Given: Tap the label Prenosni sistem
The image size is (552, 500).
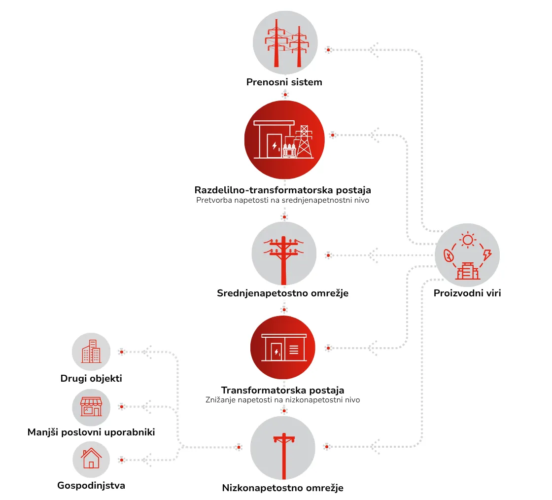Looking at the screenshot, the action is pyautogui.click(x=284, y=82).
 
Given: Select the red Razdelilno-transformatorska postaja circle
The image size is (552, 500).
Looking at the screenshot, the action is pyautogui.click(x=284, y=140).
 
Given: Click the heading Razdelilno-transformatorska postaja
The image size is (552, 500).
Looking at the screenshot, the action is pyautogui.click(x=283, y=190).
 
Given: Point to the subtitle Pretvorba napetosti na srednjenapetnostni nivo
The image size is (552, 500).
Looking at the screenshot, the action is pyautogui.click(x=283, y=200).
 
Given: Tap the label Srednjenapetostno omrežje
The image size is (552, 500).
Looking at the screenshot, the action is pyautogui.click(x=283, y=293).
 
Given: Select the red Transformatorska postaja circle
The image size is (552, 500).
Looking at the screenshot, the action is pyautogui.click(x=283, y=348).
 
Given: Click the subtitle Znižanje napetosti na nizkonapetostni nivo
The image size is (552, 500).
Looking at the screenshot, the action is pyautogui.click(x=283, y=400).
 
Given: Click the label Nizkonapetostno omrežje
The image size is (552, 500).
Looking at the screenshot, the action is pyautogui.click(x=283, y=488).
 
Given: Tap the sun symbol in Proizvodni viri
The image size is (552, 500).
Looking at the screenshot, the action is pyautogui.click(x=468, y=240).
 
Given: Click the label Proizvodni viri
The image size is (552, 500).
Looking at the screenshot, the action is pyautogui.click(x=467, y=293).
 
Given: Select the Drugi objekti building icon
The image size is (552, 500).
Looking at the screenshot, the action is pyautogui.click(x=91, y=352).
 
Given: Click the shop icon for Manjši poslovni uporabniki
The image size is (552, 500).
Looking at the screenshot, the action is pyautogui.click(x=91, y=407).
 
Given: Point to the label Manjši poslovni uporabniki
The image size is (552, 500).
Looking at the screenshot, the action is pyautogui.click(x=91, y=432).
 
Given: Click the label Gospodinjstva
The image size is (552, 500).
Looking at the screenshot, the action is pyautogui.click(x=91, y=486).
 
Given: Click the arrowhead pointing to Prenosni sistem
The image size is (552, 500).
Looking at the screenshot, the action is pyautogui.click(x=374, y=50).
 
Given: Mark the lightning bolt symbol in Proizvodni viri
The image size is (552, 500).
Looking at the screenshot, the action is pyautogui.click(x=487, y=254).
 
